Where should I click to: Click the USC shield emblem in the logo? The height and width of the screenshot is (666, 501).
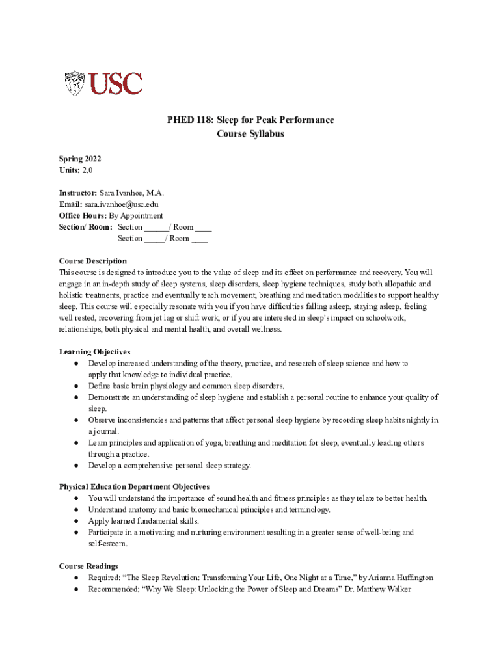click(74, 84)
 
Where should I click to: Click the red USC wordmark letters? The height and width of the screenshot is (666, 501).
click(116, 84)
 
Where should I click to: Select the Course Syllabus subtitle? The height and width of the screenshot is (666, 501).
click(251, 135)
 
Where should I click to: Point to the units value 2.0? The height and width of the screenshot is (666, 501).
click(88, 170)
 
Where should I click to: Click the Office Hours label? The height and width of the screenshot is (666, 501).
click(83, 215)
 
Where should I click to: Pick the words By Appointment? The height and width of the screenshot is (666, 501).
click(136, 215)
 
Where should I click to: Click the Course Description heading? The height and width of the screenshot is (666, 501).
click(93, 261)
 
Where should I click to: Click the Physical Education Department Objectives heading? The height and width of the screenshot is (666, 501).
click(134, 486)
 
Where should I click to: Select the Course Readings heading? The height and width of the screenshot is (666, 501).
click(88, 566)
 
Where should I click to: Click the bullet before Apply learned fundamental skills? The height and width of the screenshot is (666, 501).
click(77, 521)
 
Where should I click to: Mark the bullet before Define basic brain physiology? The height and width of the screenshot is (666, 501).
click(77, 386)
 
